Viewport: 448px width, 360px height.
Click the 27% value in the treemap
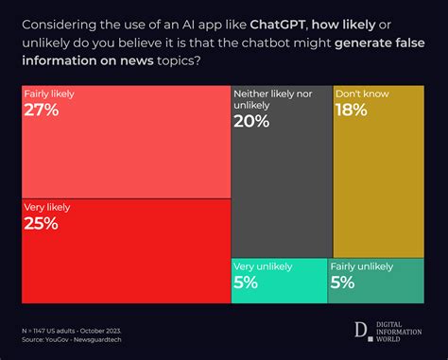(x=42, y=111)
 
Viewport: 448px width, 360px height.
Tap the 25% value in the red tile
(x=42, y=223)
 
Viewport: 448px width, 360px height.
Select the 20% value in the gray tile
(x=252, y=122)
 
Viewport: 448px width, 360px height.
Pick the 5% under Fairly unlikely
(x=342, y=283)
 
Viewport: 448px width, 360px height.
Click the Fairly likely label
(x=49, y=94)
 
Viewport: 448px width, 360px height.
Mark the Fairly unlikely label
(x=362, y=267)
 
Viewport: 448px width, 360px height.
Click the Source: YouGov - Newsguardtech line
(x=78, y=339)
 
